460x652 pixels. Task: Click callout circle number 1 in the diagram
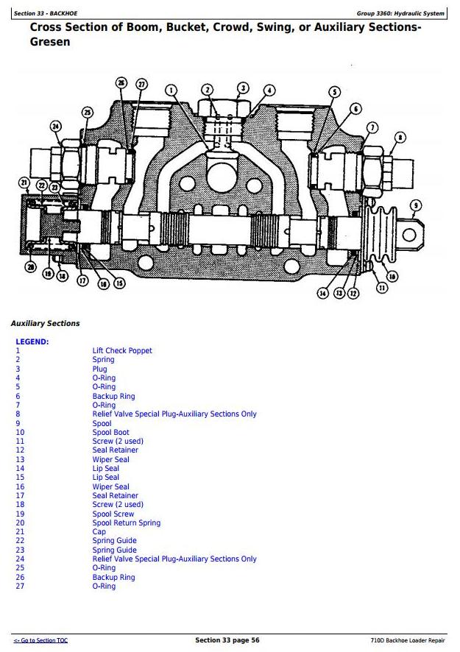[172, 91]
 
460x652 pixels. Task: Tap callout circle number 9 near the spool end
[416, 205]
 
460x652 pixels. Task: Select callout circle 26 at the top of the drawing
[121, 83]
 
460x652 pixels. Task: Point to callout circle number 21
[24, 182]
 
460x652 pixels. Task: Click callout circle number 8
[400, 137]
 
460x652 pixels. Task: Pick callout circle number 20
[31, 266]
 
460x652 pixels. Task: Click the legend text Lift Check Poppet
[122, 351]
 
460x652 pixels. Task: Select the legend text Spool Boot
[110, 433]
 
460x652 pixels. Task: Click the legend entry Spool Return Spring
[126, 523]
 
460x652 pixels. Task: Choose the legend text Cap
[99, 532]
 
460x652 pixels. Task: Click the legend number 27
[20, 587]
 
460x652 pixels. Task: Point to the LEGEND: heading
[32, 341]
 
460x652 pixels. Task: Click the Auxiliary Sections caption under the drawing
[45, 324]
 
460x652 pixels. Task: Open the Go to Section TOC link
[40, 641]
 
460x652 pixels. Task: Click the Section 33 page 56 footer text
[227, 640]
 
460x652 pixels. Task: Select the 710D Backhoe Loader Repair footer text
[408, 641]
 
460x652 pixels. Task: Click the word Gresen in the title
[50, 42]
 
